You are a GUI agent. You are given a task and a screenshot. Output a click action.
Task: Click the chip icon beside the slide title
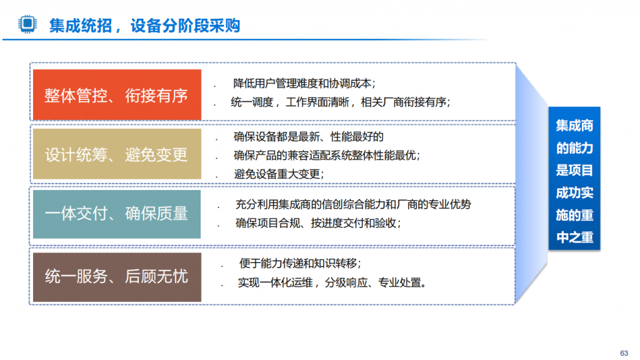click(27, 24)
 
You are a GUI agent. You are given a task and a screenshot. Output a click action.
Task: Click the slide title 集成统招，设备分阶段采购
click(144, 26)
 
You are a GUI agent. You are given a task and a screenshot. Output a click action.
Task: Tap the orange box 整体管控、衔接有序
click(117, 95)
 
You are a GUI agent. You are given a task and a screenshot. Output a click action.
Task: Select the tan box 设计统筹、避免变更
click(117, 154)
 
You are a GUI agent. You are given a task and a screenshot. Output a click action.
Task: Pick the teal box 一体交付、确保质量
click(117, 214)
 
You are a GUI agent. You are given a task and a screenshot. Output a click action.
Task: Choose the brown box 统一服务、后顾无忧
click(117, 277)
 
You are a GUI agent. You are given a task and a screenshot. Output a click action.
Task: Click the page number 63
click(624, 353)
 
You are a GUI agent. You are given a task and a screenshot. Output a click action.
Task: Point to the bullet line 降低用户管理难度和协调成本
click(304, 83)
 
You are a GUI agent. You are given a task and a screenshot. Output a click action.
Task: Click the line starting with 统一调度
click(341, 102)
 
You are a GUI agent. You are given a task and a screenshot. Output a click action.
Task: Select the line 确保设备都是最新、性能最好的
click(309, 137)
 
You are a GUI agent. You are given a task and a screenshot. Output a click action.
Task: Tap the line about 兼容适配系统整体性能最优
click(327, 155)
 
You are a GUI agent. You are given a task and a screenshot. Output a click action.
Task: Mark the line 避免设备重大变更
click(279, 174)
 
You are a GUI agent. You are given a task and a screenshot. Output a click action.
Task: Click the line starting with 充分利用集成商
click(353, 204)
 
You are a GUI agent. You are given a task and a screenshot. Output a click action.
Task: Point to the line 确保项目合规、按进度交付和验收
click(318, 223)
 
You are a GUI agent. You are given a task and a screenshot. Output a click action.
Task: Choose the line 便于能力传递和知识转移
click(300, 263)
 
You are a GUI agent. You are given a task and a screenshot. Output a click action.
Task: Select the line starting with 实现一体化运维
click(332, 282)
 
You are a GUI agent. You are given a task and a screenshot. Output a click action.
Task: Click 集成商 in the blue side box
click(574, 126)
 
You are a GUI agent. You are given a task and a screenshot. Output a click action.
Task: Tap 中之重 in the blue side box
click(574, 237)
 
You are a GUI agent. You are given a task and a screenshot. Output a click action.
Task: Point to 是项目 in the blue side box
click(574, 170)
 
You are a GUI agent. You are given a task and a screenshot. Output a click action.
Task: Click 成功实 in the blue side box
click(574, 192)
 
